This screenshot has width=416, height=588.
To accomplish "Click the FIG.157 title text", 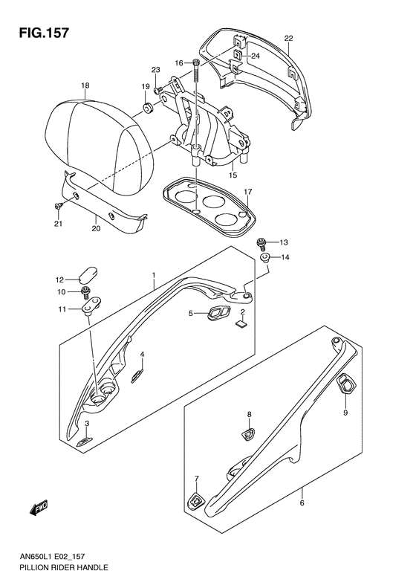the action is pos(45,33).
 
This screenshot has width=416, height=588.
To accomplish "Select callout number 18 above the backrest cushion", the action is pos(85,85).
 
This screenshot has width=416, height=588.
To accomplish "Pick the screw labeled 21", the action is pos(59,206).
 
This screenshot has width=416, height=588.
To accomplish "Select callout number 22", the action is pos(288,38).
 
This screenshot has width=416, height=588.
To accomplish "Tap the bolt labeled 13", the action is pos(261,244).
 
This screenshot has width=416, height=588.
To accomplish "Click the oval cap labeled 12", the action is pos(88,275).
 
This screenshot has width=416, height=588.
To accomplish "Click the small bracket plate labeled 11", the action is pos(91,303).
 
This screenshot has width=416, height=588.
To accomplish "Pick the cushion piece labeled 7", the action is pos(197,500).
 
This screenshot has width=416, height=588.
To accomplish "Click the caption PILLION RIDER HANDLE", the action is pos(57,567).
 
